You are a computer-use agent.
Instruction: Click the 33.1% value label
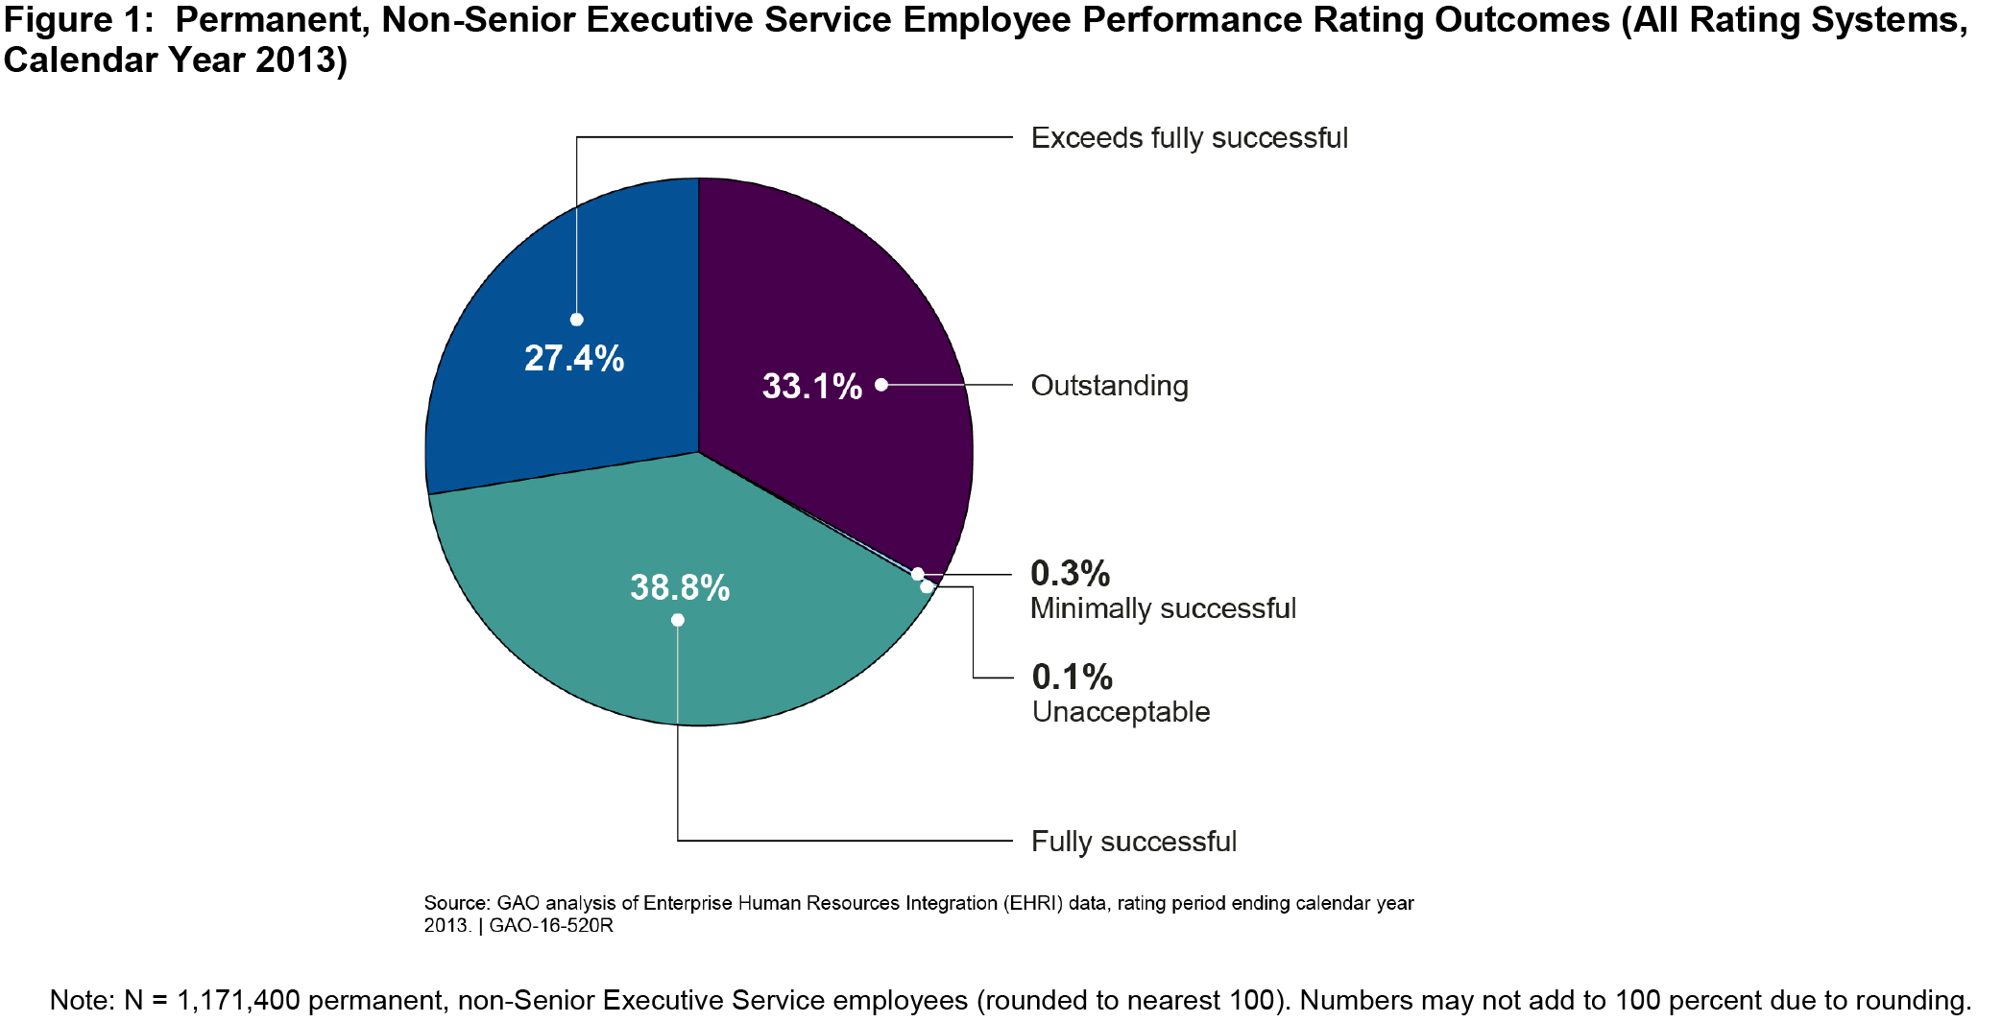point(811,386)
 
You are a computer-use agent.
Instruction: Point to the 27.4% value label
point(574,358)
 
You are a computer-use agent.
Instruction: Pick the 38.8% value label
point(680,587)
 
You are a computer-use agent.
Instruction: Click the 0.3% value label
point(1070,573)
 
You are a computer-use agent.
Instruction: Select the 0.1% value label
point(1072,677)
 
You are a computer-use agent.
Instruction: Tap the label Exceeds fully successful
point(1189,138)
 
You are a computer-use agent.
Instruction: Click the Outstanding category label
point(1109,386)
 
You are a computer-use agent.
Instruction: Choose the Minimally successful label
point(1163,608)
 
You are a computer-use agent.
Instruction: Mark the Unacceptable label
point(1121,712)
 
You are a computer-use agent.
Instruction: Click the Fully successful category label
point(1133,842)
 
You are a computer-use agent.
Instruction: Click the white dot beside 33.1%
point(881,385)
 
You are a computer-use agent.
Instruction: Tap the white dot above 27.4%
point(576,320)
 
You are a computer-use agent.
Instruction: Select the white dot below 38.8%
point(678,620)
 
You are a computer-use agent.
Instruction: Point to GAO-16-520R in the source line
point(550,926)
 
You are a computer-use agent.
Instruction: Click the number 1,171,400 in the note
point(238,1000)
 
